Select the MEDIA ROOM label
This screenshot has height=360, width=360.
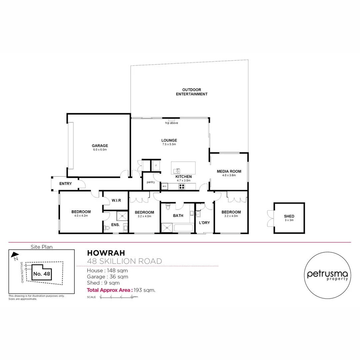coord(229,173)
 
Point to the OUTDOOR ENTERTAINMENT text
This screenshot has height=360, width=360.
coord(192,92)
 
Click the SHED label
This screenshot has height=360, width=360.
coord(289,218)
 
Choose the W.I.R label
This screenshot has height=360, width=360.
coord(116,200)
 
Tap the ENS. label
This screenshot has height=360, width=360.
coord(115,225)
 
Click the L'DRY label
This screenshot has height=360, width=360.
coord(204,222)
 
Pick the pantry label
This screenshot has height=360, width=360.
coord(151,182)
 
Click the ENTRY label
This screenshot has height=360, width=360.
coord(65,184)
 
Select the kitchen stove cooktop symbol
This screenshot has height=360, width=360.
coord(182,186)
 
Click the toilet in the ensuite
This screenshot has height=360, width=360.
coord(107,228)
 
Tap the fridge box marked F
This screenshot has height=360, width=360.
coord(156,165)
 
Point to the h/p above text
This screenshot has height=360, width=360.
coord(172,123)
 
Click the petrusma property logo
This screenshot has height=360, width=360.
coord(328,275)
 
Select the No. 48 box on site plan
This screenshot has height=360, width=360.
coord(42,274)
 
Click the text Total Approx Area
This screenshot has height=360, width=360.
coord(109,290)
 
